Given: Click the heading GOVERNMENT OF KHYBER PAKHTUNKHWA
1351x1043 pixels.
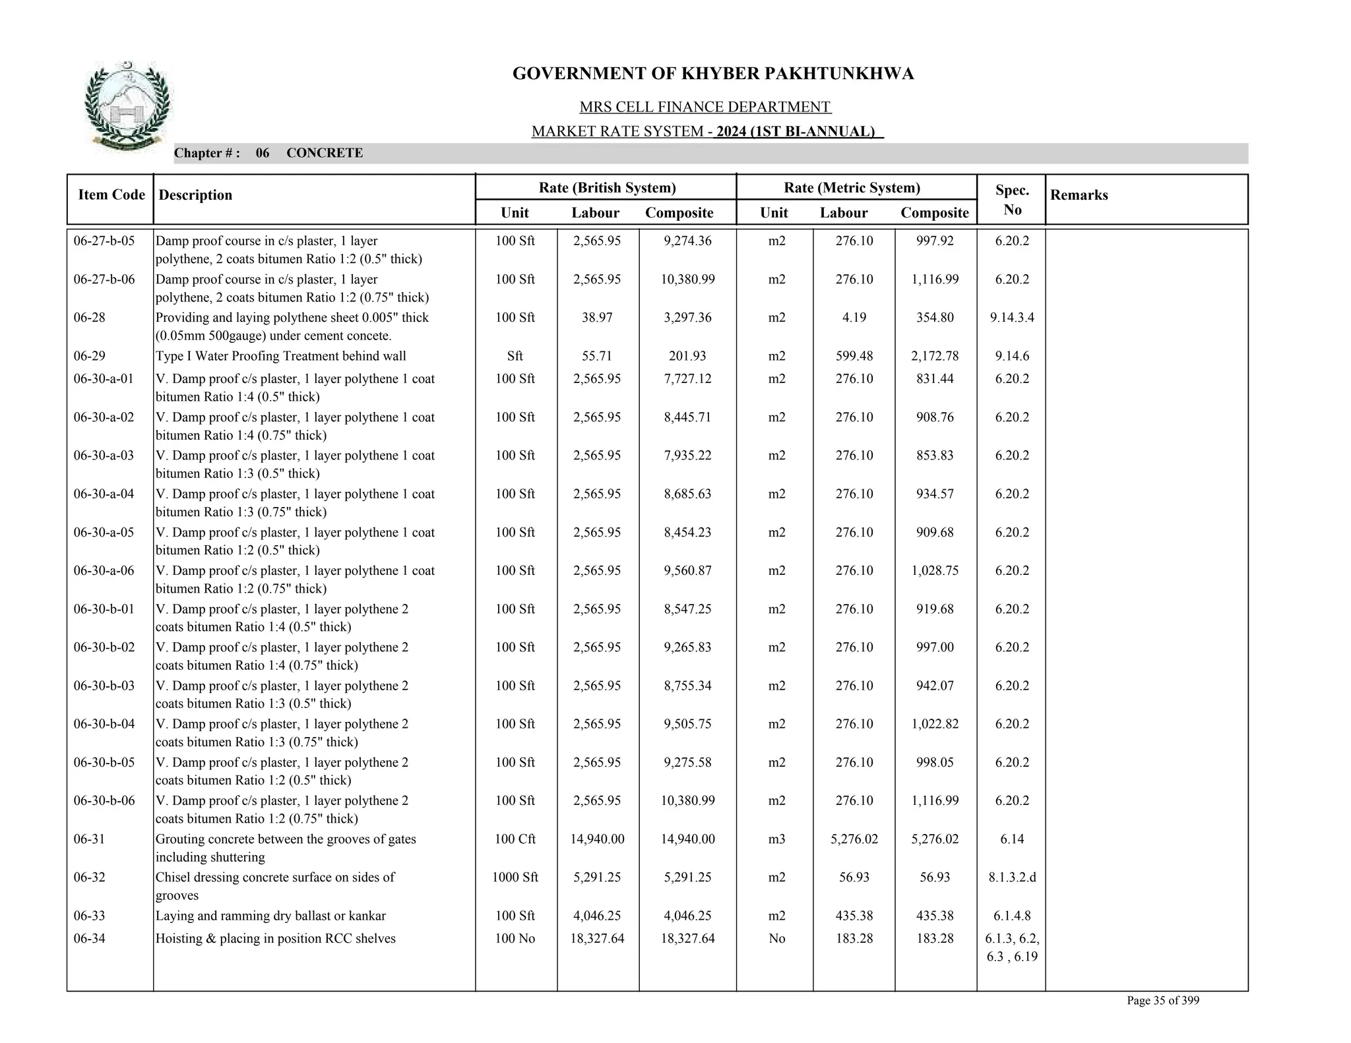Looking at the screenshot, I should [712, 74].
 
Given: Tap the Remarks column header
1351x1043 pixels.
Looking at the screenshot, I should [1079, 195].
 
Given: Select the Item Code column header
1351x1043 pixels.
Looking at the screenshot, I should [111, 194].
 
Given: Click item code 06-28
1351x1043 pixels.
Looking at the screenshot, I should [90, 318].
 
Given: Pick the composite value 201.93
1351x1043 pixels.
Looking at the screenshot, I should [687, 356].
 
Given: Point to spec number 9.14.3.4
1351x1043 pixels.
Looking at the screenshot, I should [1011, 318].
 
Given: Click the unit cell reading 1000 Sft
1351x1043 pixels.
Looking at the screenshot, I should [515, 878].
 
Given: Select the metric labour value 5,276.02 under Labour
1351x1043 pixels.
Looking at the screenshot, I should [854, 839].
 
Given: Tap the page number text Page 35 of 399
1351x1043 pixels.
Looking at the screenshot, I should [1162, 1001].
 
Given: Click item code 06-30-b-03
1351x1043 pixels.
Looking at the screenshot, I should [104, 686].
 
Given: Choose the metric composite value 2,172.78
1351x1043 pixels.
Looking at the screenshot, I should [934, 356].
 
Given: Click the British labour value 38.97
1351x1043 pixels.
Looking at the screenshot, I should [596, 318].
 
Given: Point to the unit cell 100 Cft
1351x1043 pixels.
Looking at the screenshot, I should [515, 839].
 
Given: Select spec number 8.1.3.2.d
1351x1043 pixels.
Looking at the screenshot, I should [1011, 878].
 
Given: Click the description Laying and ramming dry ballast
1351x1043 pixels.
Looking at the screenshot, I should [270, 916].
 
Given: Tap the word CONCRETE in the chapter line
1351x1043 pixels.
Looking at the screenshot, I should [325, 153].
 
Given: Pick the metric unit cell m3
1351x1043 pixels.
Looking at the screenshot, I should [776, 839].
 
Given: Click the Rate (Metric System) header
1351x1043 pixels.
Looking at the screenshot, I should [851, 188].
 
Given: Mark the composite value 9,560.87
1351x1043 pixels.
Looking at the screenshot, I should [687, 571].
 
